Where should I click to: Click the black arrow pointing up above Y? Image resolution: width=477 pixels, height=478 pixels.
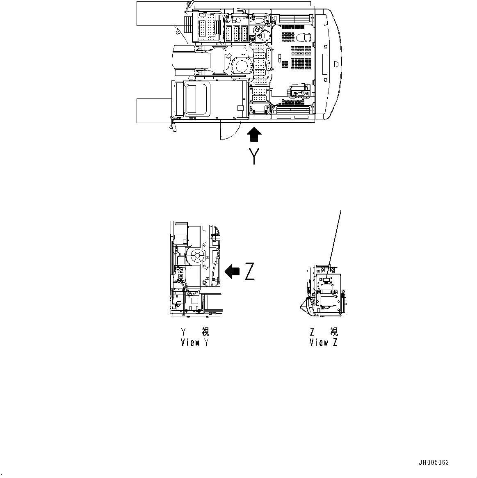click(254, 135)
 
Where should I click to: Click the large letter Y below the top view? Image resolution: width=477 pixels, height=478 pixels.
click(255, 156)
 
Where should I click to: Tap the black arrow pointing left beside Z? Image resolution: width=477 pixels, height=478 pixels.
click(232, 271)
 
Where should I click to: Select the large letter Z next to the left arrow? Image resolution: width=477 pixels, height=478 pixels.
click(249, 271)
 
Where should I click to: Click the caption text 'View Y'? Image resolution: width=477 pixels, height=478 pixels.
click(195, 342)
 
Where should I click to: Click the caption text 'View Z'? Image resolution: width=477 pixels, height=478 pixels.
click(324, 342)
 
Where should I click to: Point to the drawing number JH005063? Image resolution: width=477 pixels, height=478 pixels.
click(434, 463)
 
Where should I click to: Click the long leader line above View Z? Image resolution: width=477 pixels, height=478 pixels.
click(335, 238)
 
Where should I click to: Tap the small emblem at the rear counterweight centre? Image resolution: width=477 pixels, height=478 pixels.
click(335, 64)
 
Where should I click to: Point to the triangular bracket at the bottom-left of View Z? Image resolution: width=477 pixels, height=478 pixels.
click(307, 308)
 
